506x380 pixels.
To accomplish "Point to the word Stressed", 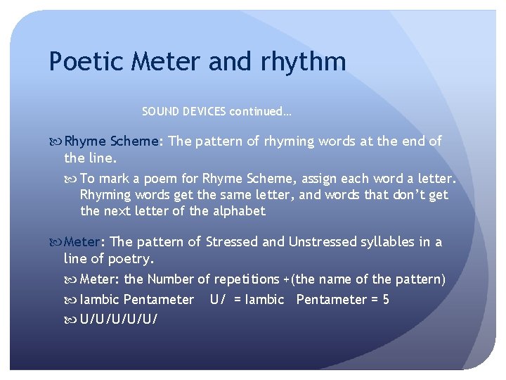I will (x=232, y=241).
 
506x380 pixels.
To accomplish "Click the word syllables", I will (x=388, y=241).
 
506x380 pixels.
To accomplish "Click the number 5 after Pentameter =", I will (x=386, y=300).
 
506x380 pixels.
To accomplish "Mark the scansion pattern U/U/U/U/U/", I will (x=119, y=319).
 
